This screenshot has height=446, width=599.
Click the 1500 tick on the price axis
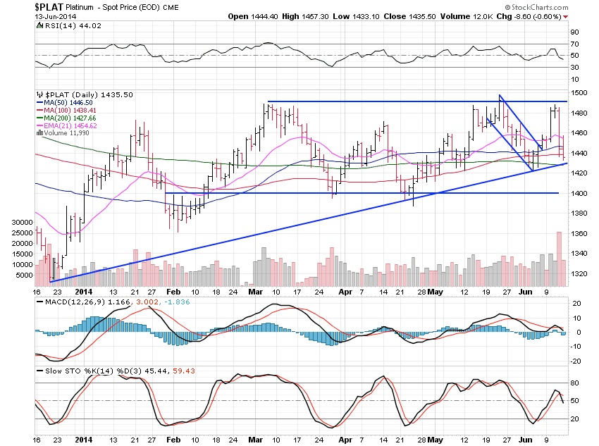(x=579, y=92)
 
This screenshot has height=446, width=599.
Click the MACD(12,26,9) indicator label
(x=63, y=302)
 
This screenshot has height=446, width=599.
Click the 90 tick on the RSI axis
(x=574, y=32)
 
